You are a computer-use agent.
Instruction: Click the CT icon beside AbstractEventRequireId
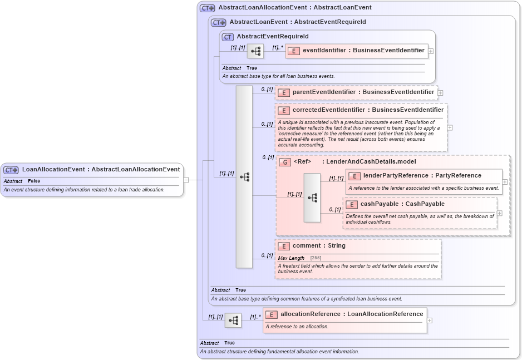227,37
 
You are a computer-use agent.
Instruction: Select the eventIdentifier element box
356,51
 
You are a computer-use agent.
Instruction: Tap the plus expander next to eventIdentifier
431,51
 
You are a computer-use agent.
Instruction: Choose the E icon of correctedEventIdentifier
284,110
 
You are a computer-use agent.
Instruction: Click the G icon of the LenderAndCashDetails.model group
285,162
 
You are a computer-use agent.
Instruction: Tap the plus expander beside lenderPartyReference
505,181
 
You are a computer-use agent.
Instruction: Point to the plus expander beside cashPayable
499,213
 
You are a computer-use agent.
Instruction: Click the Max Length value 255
316,258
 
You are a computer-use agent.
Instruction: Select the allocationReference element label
352,314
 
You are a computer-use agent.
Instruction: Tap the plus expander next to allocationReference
430,320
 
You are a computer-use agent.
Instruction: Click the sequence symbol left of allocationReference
233,320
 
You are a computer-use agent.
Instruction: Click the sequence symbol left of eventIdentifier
255,51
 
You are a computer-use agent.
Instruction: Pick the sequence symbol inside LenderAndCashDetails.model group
312,198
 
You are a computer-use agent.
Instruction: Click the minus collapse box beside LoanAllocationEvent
186,180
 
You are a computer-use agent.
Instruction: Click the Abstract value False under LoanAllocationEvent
34,181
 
